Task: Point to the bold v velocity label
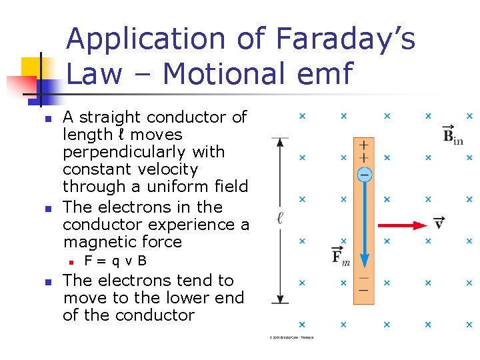point(439,223)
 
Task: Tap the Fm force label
point(341,256)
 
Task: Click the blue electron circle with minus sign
point(364,175)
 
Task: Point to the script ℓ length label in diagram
point(280,218)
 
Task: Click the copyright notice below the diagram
point(292,337)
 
